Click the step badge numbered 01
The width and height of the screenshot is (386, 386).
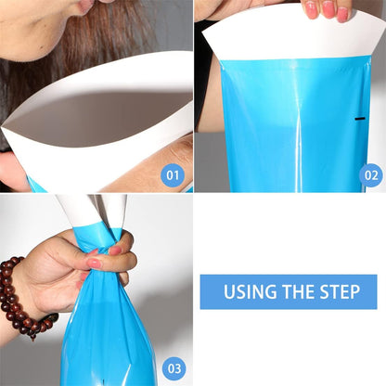pos(173,175)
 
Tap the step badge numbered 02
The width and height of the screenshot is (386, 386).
pos(371,175)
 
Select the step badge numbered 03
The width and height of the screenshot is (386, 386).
pos(174,368)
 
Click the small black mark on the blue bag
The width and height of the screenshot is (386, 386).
pos(360,119)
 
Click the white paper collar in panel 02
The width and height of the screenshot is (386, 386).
pos(294,34)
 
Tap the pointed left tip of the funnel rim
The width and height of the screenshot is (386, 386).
pos(2,126)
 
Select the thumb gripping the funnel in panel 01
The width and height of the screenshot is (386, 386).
pos(12,172)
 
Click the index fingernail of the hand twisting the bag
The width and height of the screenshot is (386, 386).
pos(94,264)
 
